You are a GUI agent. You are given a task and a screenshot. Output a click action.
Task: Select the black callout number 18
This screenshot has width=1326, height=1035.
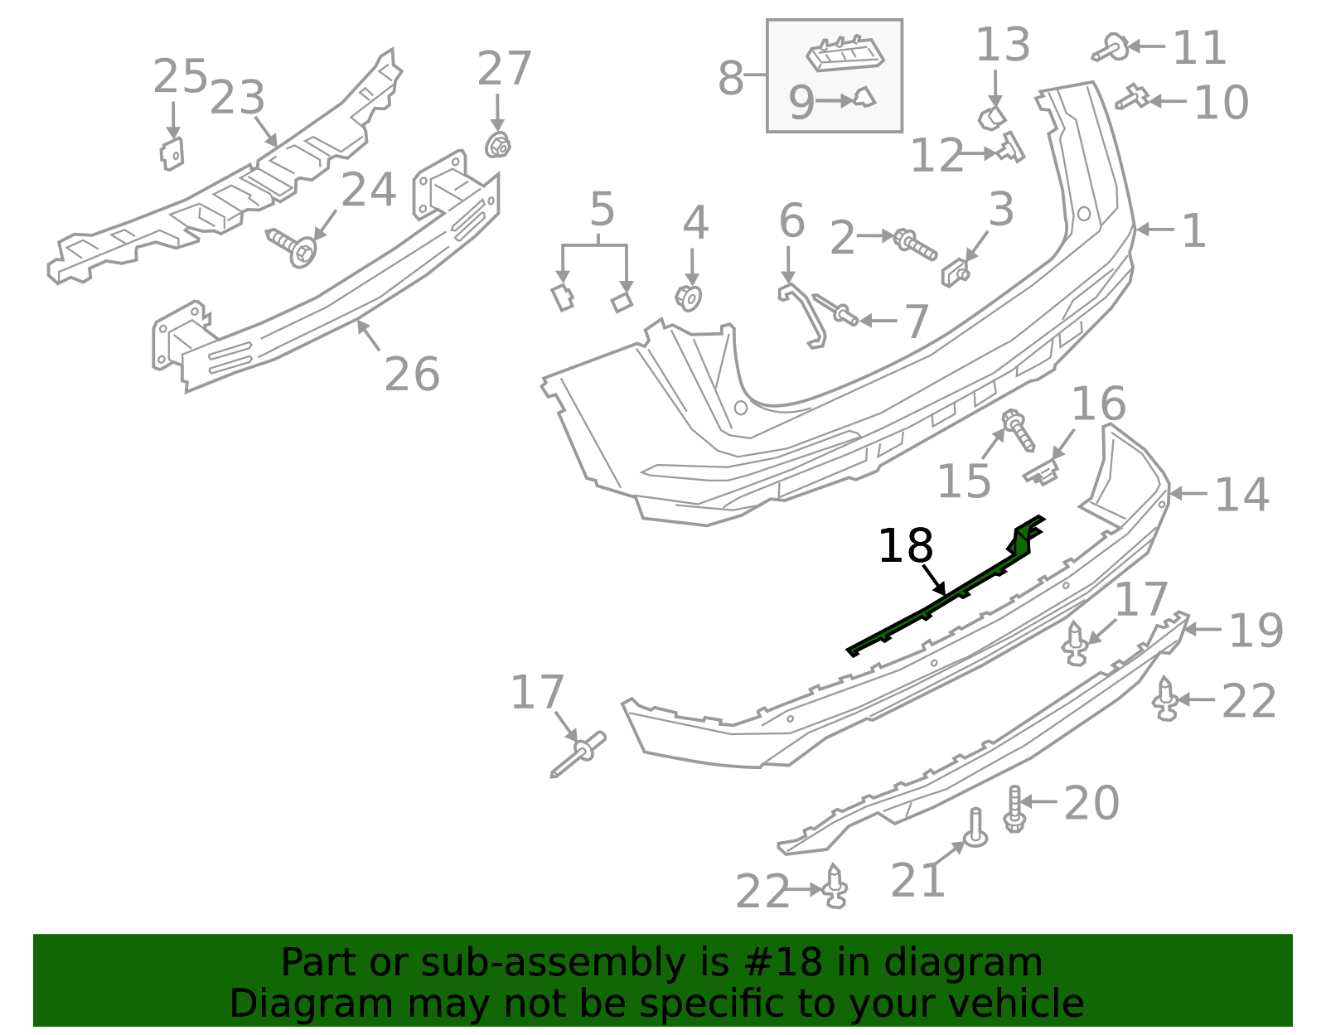(x=905, y=546)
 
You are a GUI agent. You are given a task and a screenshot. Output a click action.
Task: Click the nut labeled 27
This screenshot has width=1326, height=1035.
(x=497, y=146)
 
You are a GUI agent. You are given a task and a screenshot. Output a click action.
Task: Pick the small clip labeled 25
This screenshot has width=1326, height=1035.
(x=172, y=153)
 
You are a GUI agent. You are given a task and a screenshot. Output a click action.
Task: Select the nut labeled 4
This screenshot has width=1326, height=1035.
(x=688, y=297)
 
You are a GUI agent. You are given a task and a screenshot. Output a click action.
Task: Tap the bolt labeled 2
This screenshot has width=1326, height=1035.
(x=914, y=243)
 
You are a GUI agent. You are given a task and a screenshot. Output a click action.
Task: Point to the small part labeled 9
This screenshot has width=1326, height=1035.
(x=864, y=99)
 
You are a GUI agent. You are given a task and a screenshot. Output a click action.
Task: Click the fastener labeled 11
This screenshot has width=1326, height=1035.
(x=1110, y=48)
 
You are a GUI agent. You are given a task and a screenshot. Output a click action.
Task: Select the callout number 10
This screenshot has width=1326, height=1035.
(x=1221, y=102)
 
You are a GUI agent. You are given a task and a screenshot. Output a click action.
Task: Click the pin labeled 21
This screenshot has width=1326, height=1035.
(x=975, y=828)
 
